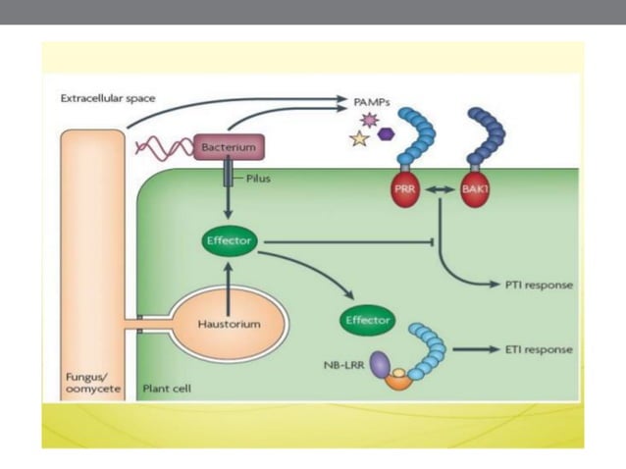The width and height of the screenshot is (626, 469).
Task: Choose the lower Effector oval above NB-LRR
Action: (367, 320)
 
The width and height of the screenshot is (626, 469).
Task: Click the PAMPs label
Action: (373, 100)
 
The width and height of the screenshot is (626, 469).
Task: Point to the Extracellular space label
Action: (107, 98)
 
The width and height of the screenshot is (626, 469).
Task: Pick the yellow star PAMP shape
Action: (359, 139)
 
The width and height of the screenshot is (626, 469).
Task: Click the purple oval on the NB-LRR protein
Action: (381, 365)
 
